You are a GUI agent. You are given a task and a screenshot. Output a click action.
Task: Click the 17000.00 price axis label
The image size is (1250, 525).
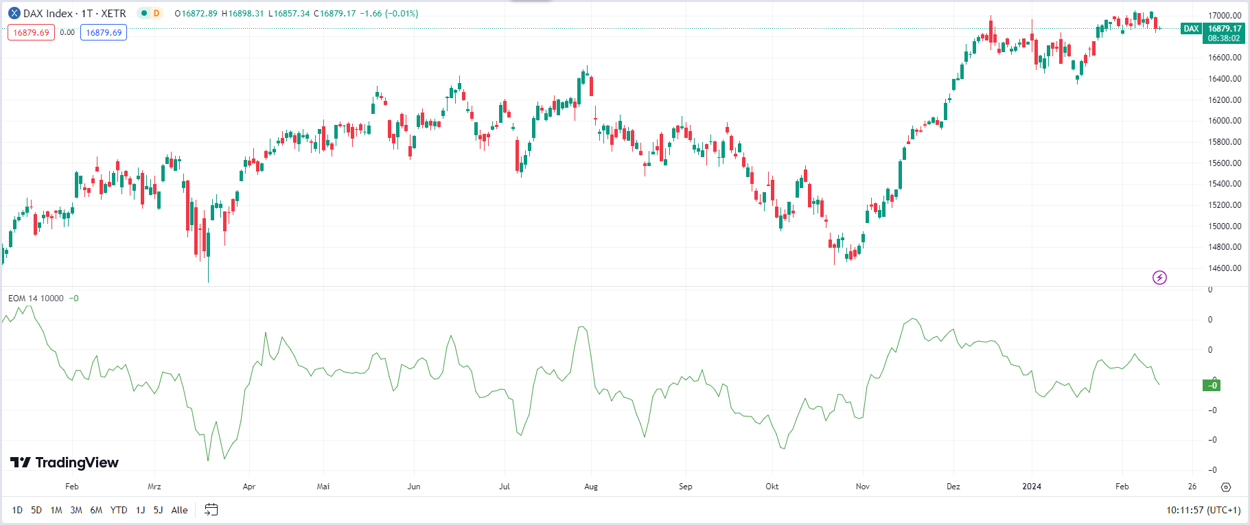pyautogui.click(x=1225, y=15)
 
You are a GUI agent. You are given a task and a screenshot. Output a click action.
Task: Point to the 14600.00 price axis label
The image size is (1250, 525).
pyautogui.click(x=1225, y=268)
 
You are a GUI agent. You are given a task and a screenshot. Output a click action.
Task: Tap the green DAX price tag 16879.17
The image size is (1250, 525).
pyautogui.click(x=1224, y=29)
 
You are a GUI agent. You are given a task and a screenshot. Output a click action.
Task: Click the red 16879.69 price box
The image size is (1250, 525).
pyautogui.click(x=31, y=32)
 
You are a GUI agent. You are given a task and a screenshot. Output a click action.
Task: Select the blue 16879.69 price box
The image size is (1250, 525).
pyautogui.click(x=104, y=32)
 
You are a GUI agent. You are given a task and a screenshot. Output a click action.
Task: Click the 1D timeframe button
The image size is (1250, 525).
pyautogui.click(x=17, y=510)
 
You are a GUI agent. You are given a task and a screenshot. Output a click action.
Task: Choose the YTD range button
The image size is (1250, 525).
pyautogui.click(x=119, y=510)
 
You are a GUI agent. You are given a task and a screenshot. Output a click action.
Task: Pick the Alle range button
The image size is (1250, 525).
pyautogui.click(x=179, y=510)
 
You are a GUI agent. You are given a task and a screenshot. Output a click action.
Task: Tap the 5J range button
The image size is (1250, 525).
pyautogui.click(x=158, y=510)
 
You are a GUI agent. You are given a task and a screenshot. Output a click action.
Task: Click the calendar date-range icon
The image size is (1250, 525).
pyautogui.click(x=211, y=509)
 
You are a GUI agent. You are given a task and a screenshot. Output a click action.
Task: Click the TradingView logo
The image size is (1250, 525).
pyautogui.click(x=65, y=463)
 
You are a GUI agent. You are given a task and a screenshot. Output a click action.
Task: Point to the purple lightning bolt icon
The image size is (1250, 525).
pyautogui.click(x=1159, y=277)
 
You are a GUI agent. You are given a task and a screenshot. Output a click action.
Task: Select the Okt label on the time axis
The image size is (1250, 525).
pyautogui.click(x=772, y=487)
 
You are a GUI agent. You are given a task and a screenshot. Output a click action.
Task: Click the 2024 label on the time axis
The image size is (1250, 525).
pyautogui.click(x=1031, y=487)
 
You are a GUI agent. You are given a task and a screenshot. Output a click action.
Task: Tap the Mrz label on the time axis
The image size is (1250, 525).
pyautogui.click(x=154, y=487)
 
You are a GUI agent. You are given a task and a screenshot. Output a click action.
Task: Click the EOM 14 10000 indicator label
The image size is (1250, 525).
pyautogui.click(x=36, y=299)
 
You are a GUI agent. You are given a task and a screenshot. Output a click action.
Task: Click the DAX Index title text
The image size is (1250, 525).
pyautogui.click(x=48, y=14)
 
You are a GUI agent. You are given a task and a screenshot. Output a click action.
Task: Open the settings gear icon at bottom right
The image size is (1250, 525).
pyautogui.click(x=1226, y=487)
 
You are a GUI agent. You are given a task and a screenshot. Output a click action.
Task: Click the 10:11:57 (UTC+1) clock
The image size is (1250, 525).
pyautogui.click(x=1203, y=510)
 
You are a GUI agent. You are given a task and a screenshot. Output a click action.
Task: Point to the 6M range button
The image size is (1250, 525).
pyautogui.click(x=96, y=510)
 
